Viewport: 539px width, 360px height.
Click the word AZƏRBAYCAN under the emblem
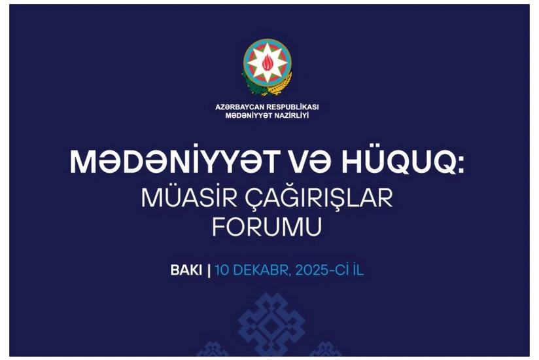click(242, 106)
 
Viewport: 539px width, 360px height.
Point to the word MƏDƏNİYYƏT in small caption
click(248, 115)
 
